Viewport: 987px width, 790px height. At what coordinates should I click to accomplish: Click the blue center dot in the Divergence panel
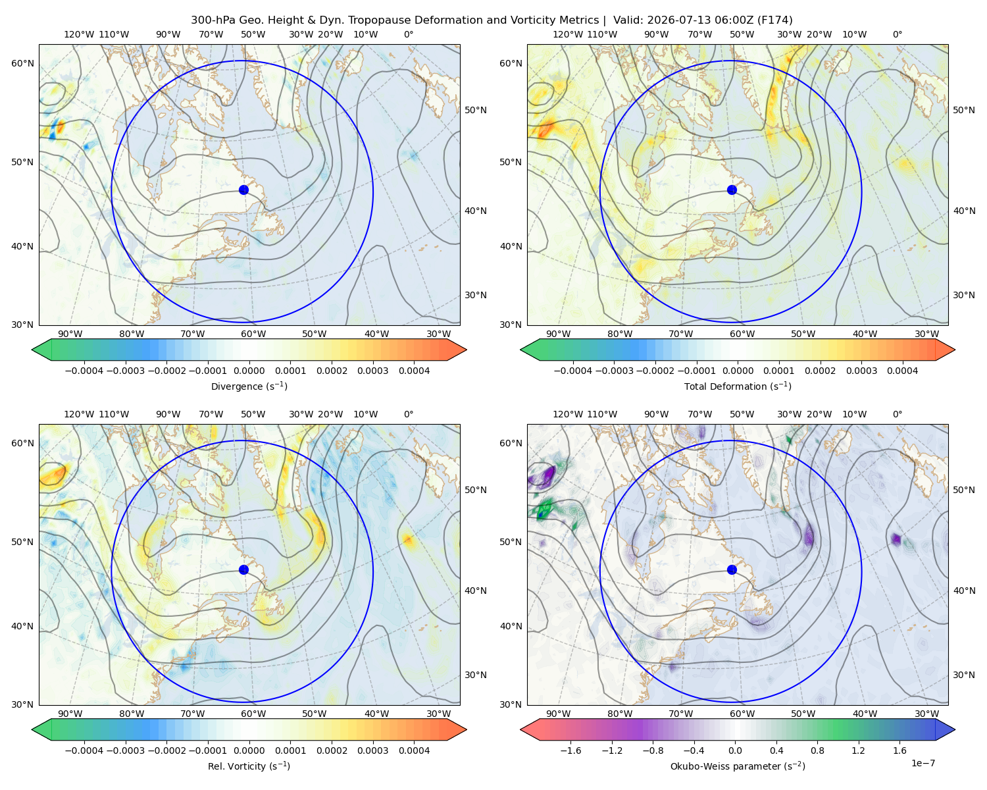[x=243, y=190]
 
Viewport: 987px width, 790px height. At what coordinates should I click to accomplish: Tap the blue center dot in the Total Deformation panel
[x=732, y=190]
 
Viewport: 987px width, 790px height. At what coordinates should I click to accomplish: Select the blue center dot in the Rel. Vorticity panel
[x=243, y=569]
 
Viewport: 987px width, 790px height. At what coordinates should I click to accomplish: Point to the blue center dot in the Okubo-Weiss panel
[x=732, y=569]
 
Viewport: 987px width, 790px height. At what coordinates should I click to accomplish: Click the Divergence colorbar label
[x=249, y=386]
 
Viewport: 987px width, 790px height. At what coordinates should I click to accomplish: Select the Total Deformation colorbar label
[x=738, y=386]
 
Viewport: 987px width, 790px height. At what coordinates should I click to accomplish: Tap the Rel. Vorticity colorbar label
[x=249, y=766]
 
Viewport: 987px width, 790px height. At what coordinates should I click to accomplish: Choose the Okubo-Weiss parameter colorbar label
[x=738, y=766]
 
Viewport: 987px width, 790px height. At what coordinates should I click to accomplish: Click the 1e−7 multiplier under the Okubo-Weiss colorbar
[x=923, y=763]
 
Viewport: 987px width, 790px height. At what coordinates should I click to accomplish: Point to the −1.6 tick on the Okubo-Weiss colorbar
[x=570, y=750]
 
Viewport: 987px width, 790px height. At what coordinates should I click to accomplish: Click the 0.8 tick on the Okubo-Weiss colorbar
[x=817, y=750]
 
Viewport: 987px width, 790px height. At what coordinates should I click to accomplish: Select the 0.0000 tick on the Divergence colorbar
[x=249, y=371]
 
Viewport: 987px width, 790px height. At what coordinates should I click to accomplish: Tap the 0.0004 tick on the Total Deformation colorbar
[x=903, y=371]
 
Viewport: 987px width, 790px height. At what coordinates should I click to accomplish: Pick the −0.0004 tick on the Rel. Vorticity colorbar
[x=84, y=750]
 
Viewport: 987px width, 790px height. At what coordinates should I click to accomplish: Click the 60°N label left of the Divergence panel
[x=22, y=63]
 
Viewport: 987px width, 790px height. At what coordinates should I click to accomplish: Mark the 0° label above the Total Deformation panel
[x=897, y=34]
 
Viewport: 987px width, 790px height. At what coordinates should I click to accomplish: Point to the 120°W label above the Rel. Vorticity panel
[x=79, y=414]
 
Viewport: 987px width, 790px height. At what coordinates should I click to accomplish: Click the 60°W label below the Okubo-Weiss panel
[x=742, y=714]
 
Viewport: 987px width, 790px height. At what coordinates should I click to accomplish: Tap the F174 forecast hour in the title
[x=774, y=20]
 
